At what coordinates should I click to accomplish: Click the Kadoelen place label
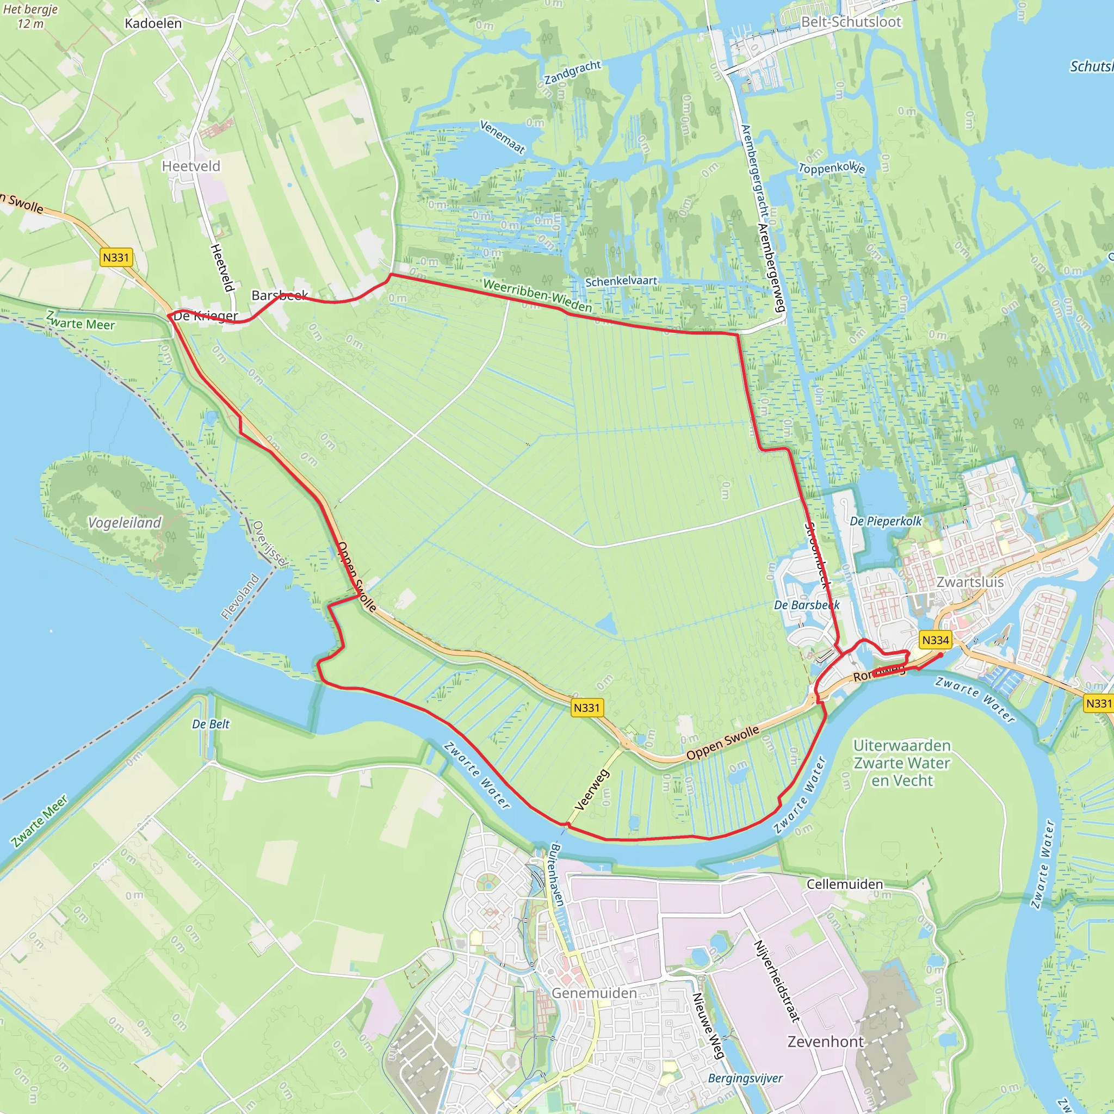click(153, 23)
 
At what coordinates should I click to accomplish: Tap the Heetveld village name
click(191, 166)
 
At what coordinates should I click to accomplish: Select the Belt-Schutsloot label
click(851, 22)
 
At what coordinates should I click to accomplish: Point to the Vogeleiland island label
click(125, 522)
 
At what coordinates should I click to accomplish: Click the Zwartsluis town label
click(970, 582)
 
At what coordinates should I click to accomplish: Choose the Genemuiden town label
click(594, 993)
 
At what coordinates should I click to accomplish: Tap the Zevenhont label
click(826, 1042)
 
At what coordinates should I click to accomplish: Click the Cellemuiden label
click(844, 884)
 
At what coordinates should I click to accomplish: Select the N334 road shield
click(935, 640)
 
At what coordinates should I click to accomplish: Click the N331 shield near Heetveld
click(116, 257)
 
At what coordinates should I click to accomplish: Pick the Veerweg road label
click(592, 790)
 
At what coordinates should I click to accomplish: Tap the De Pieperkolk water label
click(886, 521)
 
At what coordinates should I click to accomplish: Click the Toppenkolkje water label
click(832, 168)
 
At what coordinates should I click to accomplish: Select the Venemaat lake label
click(503, 137)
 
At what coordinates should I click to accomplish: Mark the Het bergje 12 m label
click(30, 17)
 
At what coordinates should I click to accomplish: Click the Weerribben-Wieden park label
click(537, 295)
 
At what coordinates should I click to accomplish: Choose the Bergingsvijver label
click(745, 1078)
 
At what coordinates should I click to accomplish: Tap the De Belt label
click(211, 724)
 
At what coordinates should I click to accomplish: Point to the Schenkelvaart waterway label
click(621, 281)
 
